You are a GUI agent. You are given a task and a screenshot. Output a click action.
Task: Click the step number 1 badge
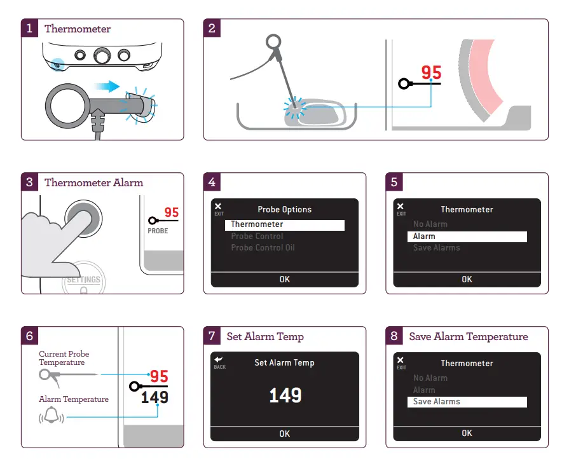(x=30, y=29)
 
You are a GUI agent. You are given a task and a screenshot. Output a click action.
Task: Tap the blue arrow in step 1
(x=104, y=85)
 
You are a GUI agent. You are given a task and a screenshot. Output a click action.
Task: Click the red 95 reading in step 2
(x=431, y=72)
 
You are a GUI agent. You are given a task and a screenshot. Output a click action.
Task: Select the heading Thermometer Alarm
(x=93, y=182)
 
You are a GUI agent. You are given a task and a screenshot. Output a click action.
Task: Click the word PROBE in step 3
(x=158, y=231)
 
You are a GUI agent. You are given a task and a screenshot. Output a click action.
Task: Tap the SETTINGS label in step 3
(x=84, y=280)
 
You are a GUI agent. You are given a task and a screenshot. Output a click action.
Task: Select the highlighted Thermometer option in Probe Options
(x=284, y=224)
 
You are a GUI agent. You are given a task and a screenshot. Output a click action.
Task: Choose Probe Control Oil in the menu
(x=263, y=248)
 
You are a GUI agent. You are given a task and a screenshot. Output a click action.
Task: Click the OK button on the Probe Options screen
(x=284, y=279)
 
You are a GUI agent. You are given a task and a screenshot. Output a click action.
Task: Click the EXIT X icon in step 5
(x=401, y=207)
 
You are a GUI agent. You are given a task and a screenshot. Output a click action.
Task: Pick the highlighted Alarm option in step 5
(x=467, y=236)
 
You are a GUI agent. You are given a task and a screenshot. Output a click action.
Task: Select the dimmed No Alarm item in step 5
(x=430, y=224)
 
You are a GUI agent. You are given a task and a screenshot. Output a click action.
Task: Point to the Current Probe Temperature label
(x=64, y=358)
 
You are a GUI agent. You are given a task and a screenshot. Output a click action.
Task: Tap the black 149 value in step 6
(x=154, y=397)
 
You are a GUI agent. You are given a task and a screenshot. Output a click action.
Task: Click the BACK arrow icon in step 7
(x=219, y=360)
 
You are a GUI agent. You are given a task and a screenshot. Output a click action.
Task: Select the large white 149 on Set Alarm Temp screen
(x=284, y=395)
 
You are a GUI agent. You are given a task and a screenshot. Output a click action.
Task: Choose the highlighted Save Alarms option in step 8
(x=467, y=402)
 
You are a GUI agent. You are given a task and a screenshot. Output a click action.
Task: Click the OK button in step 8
(x=467, y=433)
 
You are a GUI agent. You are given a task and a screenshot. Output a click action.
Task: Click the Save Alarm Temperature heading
(x=468, y=336)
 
